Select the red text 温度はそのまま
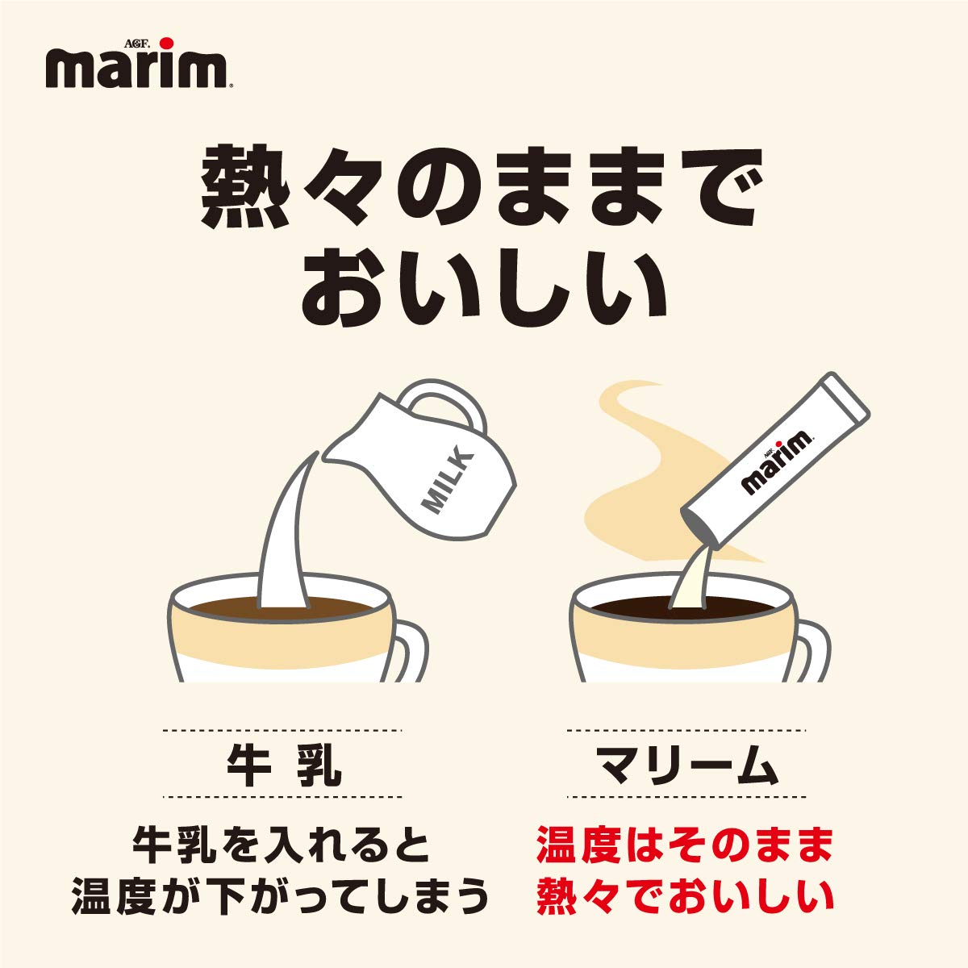685,845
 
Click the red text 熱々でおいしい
685,898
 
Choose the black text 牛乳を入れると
282,845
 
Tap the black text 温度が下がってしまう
282,898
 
